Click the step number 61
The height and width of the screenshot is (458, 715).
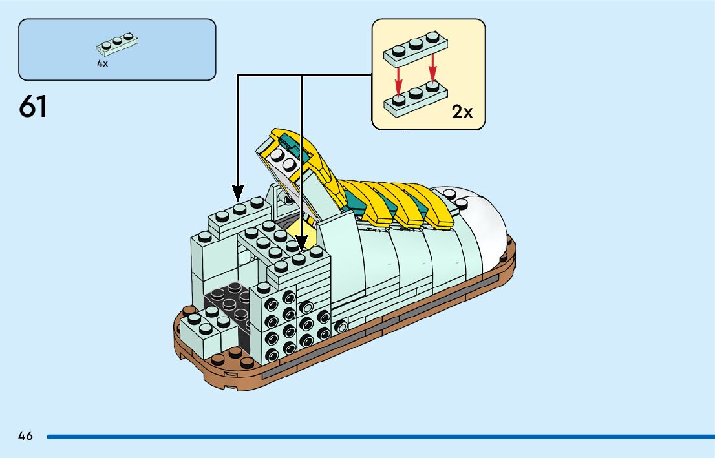click(34, 107)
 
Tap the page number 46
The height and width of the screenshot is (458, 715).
click(26, 436)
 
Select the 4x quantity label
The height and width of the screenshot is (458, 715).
click(102, 63)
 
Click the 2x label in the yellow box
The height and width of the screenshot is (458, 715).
click(462, 112)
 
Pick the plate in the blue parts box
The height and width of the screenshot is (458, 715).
click(118, 44)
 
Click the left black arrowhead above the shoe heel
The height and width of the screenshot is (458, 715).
click(238, 192)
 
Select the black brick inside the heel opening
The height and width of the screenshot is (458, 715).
click(226, 304)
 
